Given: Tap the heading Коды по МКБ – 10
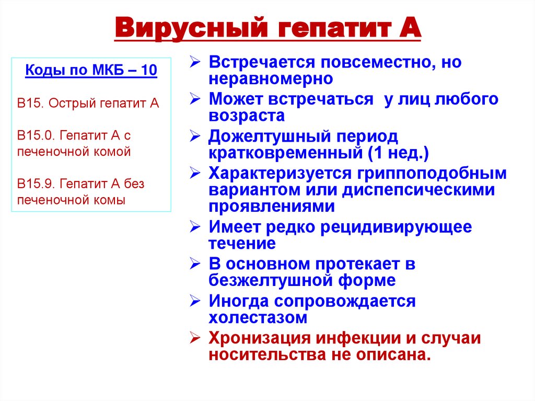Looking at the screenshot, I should tap(91, 70).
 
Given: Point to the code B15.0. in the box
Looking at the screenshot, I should tap(36, 135).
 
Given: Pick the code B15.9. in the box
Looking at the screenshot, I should tap(36, 184).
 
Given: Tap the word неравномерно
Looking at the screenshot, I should tap(271, 79).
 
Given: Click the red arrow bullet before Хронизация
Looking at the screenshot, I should tap(194, 338).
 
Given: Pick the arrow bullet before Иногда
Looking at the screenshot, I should tap(194, 301).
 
